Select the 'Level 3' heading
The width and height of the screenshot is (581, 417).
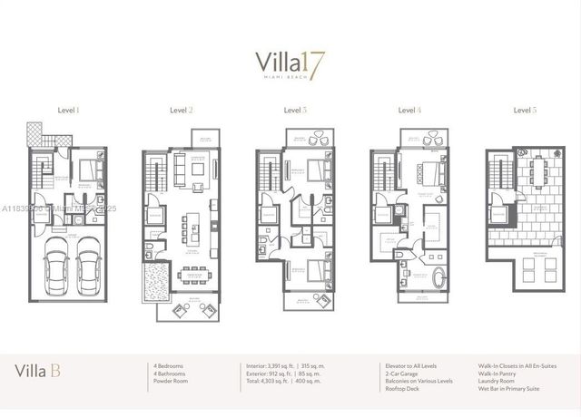point(296,111)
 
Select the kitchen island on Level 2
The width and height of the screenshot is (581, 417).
point(192,224)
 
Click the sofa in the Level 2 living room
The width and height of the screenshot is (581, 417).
point(177,168)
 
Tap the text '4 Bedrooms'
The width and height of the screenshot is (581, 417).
point(170,366)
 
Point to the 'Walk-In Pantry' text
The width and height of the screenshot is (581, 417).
point(501,373)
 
